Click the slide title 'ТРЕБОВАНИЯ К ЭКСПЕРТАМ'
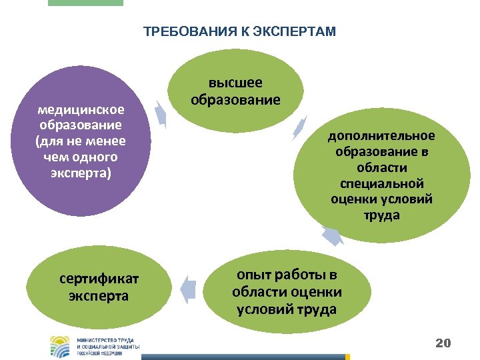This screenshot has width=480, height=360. (x=240, y=31)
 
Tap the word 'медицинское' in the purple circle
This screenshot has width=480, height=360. (x=81, y=109)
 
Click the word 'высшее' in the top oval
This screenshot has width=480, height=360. (x=235, y=83)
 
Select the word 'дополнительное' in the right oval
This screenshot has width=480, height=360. (x=381, y=136)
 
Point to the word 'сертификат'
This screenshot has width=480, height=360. (x=99, y=278)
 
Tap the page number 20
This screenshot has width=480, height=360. (x=443, y=343)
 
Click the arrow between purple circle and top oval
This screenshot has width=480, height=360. (x=161, y=113)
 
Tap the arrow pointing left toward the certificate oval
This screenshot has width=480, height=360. (x=189, y=287)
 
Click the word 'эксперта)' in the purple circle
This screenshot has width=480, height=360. (x=81, y=173)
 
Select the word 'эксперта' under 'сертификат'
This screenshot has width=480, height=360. (x=99, y=295)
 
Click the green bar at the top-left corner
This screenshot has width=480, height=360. (x=85, y=3)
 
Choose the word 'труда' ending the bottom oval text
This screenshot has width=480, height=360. (x=317, y=309)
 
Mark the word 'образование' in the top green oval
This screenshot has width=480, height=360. (x=235, y=100)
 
